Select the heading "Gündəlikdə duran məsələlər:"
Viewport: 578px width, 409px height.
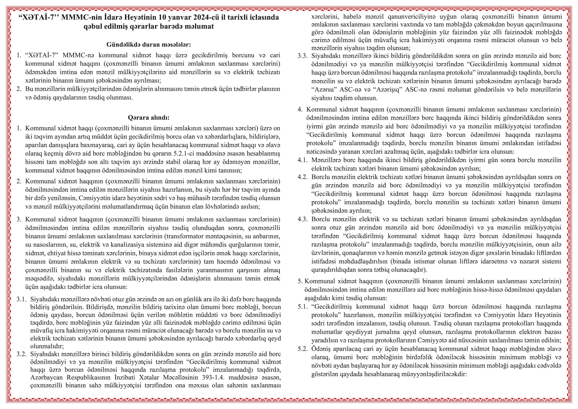[149, 45]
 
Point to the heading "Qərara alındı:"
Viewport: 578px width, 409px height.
[149, 118]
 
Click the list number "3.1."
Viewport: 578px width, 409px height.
[21, 299]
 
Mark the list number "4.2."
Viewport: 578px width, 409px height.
[303, 177]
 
